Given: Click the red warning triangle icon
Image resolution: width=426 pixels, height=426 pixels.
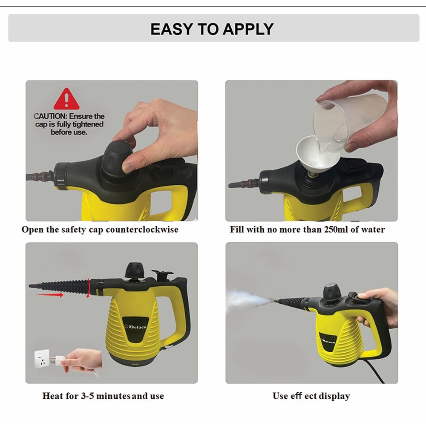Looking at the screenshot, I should pyautogui.click(x=66, y=99).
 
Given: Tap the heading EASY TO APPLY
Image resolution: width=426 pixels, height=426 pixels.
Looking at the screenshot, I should pyautogui.click(x=212, y=29).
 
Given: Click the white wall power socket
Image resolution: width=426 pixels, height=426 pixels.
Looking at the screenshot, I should pyautogui.click(x=44, y=360).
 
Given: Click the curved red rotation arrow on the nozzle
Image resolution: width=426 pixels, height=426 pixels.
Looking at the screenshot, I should pyautogui.click(x=88, y=287).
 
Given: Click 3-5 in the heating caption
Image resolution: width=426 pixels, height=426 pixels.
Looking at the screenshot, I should pyautogui.click(x=88, y=396).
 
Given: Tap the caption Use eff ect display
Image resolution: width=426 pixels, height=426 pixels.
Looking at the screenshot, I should pyautogui.click(x=311, y=396).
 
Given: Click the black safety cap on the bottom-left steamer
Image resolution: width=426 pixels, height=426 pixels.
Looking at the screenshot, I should pyautogui.click(x=133, y=270).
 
